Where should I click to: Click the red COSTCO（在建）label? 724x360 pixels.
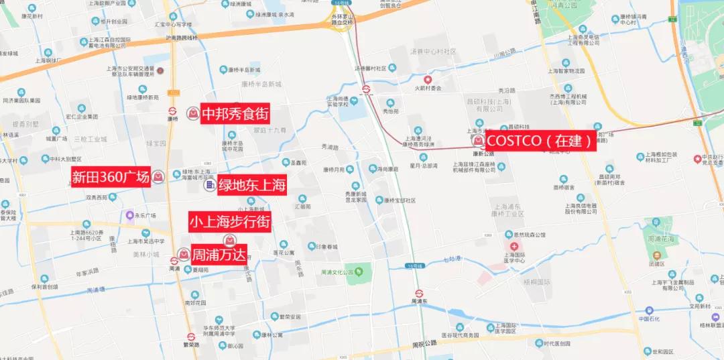click(540, 141)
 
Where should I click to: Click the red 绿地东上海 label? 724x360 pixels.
click(251, 184)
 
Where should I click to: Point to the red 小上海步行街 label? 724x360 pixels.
click(229, 222)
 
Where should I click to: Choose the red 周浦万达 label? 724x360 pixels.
click(219, 254)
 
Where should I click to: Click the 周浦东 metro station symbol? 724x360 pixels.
click(420, 293)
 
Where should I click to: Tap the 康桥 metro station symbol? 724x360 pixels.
click(172, 111)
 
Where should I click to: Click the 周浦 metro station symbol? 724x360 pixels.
click(174, 260)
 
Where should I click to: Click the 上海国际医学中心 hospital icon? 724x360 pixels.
click(514, 247)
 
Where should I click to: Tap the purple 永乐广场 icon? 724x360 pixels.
click(129, 215)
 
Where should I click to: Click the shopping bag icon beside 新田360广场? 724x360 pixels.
click(158, 177)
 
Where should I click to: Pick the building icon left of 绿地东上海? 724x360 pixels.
click(209, 184)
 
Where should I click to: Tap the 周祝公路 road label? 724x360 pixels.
click(424, 343)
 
